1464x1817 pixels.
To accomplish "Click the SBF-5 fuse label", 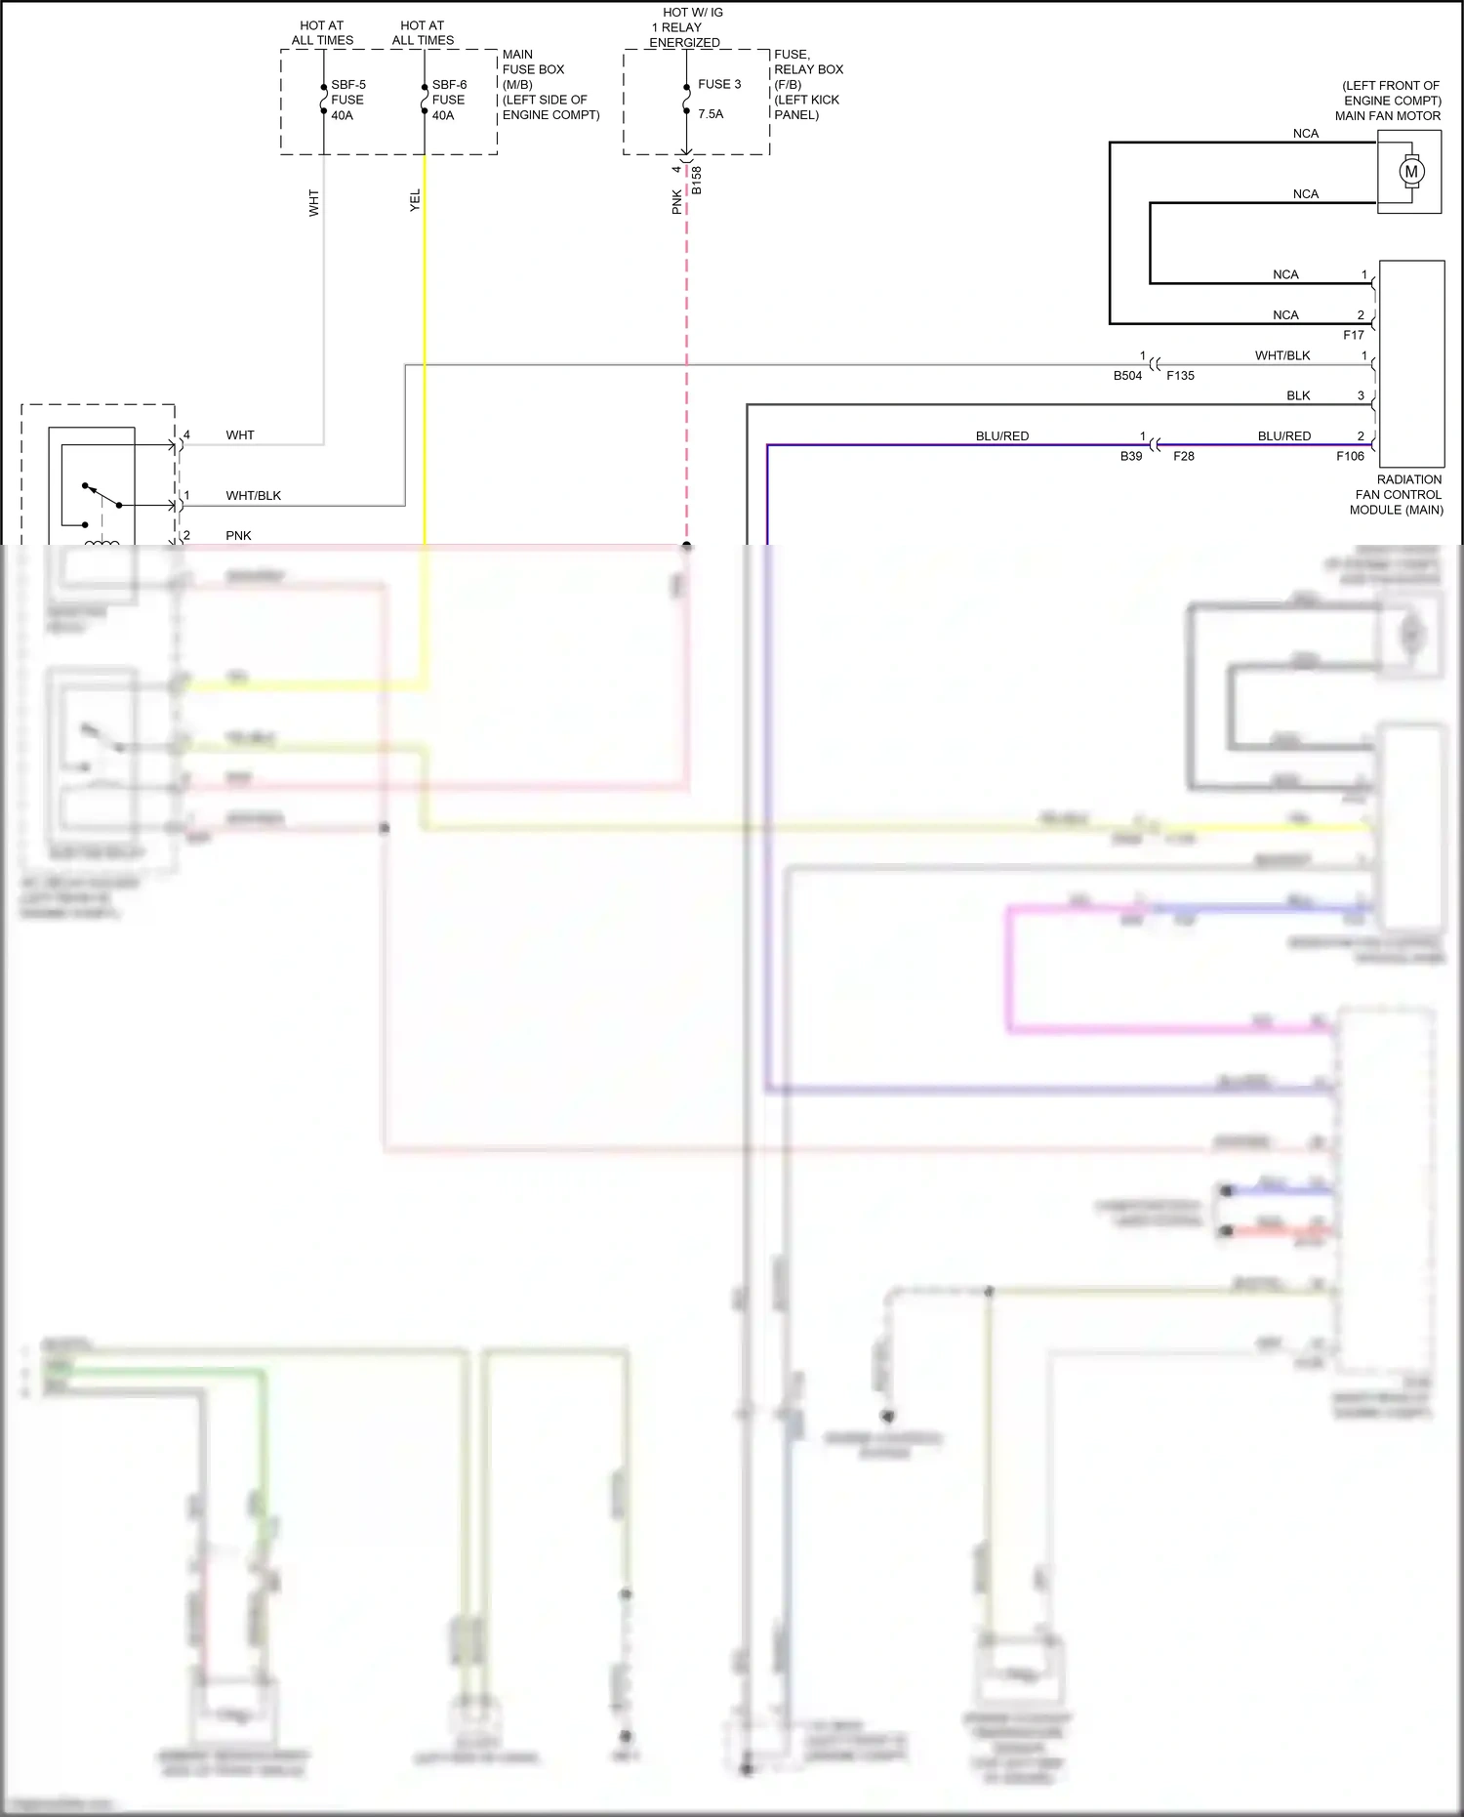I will click(x=347, y=85).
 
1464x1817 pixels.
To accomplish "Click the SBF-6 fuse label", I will click(x=449, y=85).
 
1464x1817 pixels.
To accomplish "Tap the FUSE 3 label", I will click(x=719, y=84).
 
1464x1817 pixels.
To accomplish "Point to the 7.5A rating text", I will click(x=711, y=114).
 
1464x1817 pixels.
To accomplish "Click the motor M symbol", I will click(x=1410, y=172).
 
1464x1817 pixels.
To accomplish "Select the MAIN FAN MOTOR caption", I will click(x=1387, y=115).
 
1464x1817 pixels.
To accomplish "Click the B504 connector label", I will click(x=1127, y=376).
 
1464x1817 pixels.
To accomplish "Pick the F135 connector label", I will click(x=1180, y=376).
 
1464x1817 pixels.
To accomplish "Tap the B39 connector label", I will click(x=1130, y=456).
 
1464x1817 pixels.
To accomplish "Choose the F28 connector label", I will click(x=1183, y=456).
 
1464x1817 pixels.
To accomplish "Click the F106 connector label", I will click(x=1350, y=456).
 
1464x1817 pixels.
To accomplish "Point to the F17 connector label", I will click(x=1353, y=335).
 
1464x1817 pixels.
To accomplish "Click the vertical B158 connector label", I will click(x=697, y=181).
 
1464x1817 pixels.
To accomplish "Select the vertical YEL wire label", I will click(x=415, y=200).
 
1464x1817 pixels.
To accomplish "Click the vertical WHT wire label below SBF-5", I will click(x=314, y=203).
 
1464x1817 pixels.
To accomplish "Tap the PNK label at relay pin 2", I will click(x=238, y=536).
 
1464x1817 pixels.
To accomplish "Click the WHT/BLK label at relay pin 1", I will click(x=253, y=496).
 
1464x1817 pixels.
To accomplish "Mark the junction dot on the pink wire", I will click(x=687, y=546).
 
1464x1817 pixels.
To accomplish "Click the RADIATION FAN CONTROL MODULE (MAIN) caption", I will click(x=1398, y=495).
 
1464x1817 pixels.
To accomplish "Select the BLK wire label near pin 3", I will click(x=1297, y=395).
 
